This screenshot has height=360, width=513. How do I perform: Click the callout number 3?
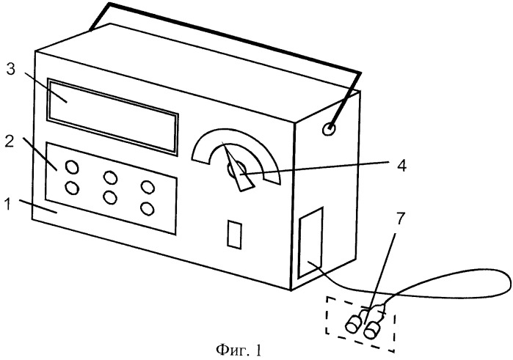pyautogui.click(x=11, y=70)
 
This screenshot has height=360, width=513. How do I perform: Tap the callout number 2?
pyautogui.click(x=9, y=141)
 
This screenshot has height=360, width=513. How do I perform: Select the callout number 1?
pyautogui.click(x=7, y=205)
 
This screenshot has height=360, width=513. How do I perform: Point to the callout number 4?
pyautogui.click(x=401, y=166)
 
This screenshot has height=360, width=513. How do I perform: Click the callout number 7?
pyautogui.click(x=401, y=218)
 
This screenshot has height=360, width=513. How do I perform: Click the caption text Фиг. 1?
pyautogui.click(x=239, y=350)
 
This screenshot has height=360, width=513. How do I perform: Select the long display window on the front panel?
pyautogui.click(x=112, y=116)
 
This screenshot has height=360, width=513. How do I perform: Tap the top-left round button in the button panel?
pyautogui.click(x=72, y=167)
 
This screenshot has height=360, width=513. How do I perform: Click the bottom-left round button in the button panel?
pyautogui.click(x=72, y=188)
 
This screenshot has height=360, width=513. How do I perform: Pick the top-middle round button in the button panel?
pyautogui.click(x=111, y=177)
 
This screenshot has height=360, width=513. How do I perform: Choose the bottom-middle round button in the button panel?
pyautogui.click(x=110, y=198)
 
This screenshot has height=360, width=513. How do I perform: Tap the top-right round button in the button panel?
pyautogui.click(x=148, y=188)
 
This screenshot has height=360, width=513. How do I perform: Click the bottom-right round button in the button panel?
pyautogui.click(x=148, y=209)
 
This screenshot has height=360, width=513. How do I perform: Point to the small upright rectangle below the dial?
pyautogui.click(x=235, y=235)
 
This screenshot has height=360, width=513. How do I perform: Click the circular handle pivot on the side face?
pyautogui.click(x=329, y=130)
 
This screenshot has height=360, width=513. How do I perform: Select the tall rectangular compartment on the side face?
pyautogui.click(x=310, y=243)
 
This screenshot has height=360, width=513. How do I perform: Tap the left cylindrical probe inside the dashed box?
pyautogui.click(x=355, y=323)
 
